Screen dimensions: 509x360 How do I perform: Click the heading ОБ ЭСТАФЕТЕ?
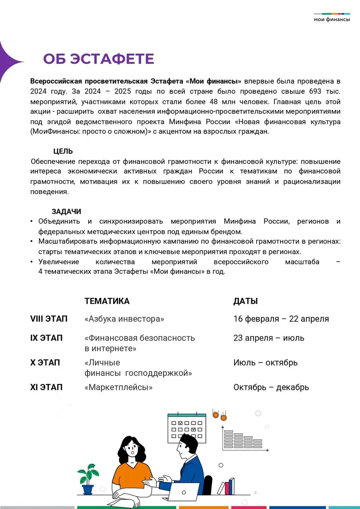coord(98,59)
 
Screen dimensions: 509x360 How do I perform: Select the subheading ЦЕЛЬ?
coord(63,152)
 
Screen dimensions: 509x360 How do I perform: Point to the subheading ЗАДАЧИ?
coord(66,211)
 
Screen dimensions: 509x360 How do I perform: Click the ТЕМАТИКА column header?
coord(107,301)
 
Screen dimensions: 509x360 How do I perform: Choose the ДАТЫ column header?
coord(246,301)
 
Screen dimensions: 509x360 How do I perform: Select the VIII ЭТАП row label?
coord(49,319)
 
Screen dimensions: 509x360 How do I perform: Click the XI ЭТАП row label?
coord(46,387)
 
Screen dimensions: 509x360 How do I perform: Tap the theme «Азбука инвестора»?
coord(124,319)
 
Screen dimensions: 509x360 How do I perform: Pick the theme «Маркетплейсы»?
coord(118,388)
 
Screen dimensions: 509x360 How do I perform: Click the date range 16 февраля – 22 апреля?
coord(281,319)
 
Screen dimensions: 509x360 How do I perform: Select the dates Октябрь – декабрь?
coord(271,388)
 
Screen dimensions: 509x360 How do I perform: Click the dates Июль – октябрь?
coord(265,363)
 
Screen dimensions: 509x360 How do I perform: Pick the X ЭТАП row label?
coord(45,363)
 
